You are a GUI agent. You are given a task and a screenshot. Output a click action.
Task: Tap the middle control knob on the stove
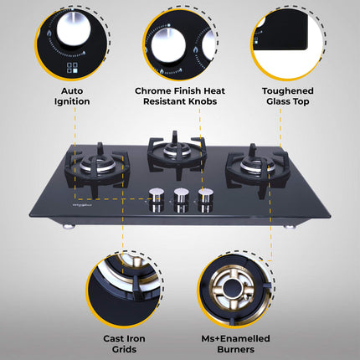click(179, 198)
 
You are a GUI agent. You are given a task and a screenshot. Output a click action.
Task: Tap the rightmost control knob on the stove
click(204, 198)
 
